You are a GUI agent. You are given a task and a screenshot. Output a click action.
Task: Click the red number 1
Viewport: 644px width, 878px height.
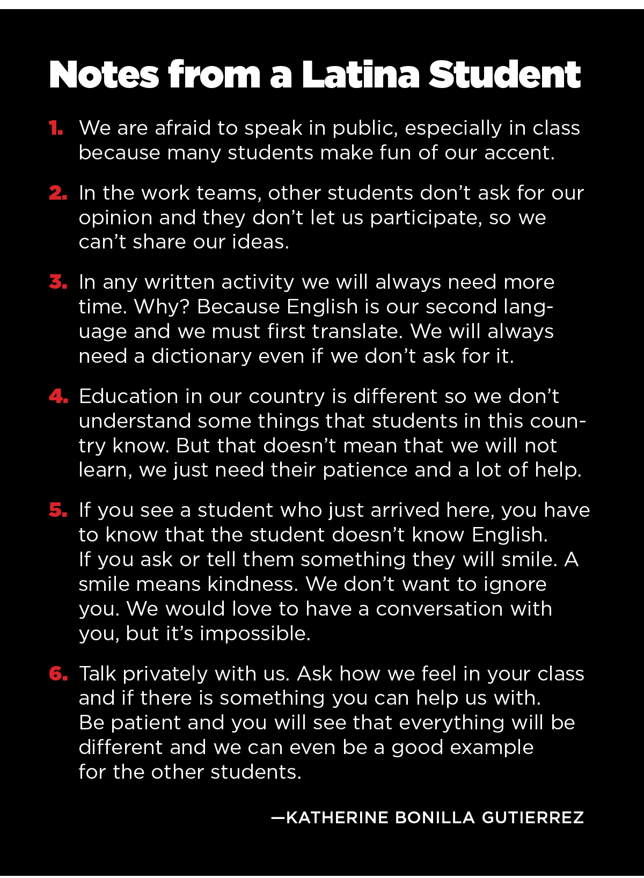tap(56, 128)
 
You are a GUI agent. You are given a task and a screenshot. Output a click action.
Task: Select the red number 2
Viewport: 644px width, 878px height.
tap(58, 193)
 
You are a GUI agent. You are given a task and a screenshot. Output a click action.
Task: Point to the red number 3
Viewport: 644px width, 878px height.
tap(58, 282)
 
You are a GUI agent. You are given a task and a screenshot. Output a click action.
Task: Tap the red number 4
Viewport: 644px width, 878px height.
tap(58, 397)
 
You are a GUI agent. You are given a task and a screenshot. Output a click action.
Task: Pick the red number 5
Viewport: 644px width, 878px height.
tap(58, 510)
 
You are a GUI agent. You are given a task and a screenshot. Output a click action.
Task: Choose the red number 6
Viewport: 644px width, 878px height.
tap(58, 674)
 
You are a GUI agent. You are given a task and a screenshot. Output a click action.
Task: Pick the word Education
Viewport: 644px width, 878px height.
tap(128, 397)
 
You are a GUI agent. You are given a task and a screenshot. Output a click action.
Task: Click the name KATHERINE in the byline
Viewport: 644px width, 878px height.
tap(338, 817)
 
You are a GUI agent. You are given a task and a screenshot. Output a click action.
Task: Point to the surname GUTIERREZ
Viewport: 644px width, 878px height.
tap(533, 817)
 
